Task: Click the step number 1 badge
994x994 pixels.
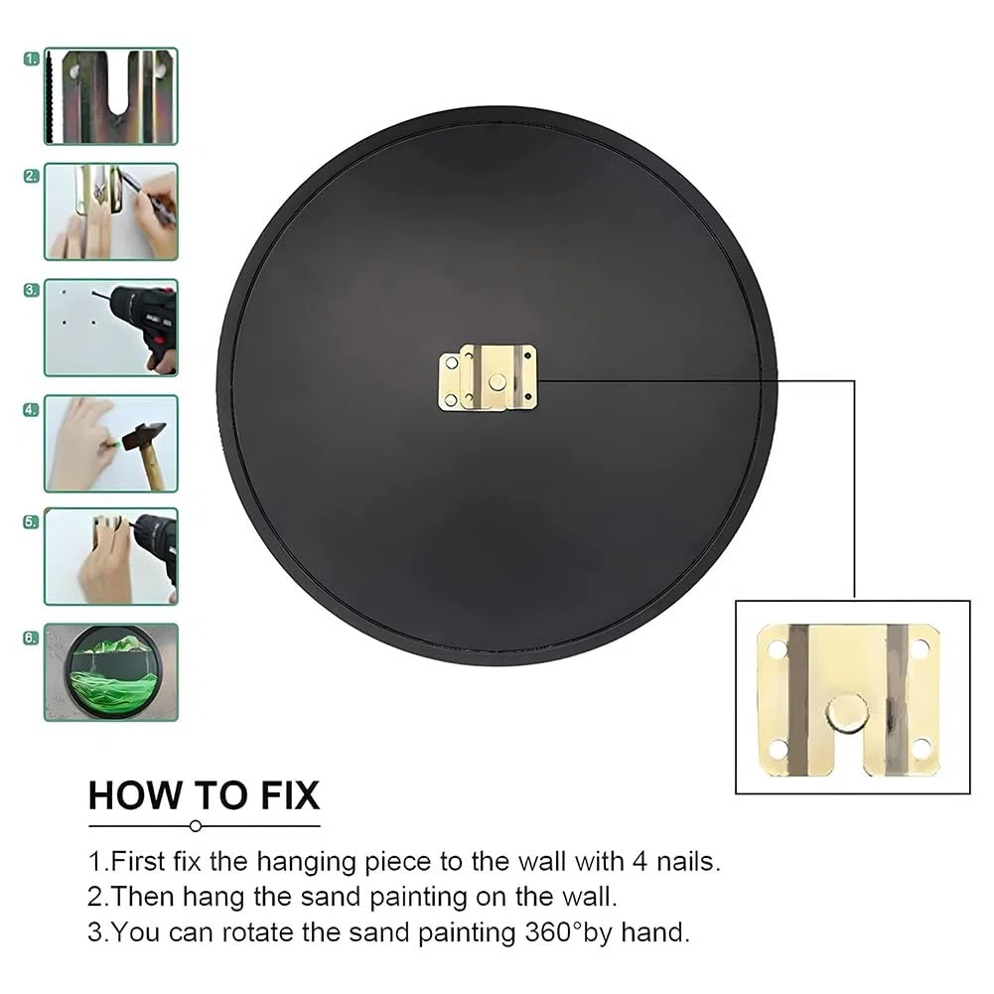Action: (x=31, y=59)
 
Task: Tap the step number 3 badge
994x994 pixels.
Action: (x=31, y=290)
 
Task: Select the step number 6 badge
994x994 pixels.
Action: (x=31, y=638)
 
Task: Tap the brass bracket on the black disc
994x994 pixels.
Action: (x=488, y=377)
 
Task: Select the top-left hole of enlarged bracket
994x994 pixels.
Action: (x=777, y=649)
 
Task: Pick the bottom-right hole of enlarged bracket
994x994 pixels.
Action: (x=921, y=748)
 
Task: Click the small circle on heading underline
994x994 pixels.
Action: (x=196, y=826)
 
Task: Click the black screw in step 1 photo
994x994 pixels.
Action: (x=51, y=97)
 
